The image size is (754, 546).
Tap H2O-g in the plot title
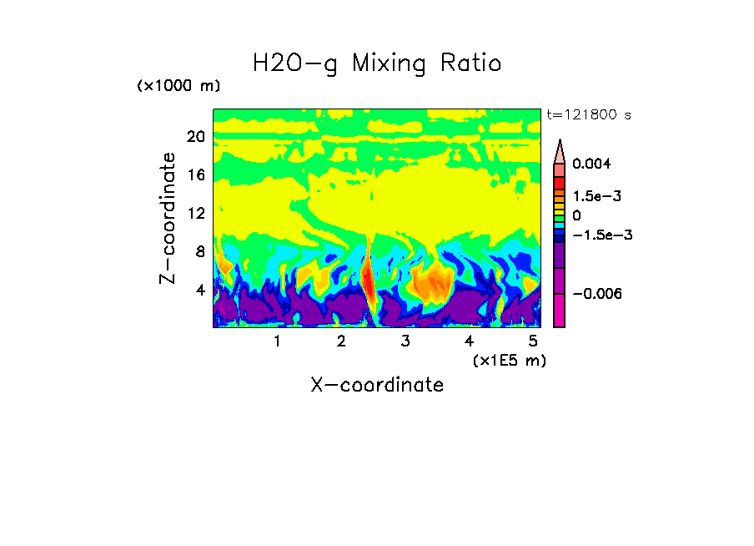click(295, 63)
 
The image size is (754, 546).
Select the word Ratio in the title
click(473, 63)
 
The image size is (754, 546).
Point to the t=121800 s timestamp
click(588, 114)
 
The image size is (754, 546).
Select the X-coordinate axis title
click(377, 385)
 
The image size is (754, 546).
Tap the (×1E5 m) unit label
click(510, 360)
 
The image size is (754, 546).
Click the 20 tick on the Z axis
click(196, 137)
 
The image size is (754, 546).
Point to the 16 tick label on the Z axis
click(196, 175)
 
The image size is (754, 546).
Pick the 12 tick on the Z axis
click(196, 214)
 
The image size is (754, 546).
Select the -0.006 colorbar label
click(598, 294)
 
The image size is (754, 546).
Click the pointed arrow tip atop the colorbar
click(560, 144)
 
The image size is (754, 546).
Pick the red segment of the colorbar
click(560, 184)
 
